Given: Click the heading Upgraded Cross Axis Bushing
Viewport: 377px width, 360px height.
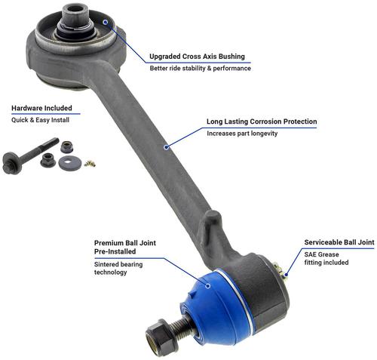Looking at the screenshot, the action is (x=197, y=57).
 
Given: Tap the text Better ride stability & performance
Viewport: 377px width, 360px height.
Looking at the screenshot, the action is (x=201, y=68).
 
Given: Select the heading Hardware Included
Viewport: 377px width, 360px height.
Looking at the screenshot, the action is (x=41, y=108).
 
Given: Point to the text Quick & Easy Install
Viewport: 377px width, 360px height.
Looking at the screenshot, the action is (x=40, y=120).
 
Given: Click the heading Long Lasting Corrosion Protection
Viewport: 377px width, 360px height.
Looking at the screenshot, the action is (x=262, y=122).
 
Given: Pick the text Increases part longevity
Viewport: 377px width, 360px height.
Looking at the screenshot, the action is (x=242, y=134).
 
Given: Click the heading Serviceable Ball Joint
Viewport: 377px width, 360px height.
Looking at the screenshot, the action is (x=339, y=242).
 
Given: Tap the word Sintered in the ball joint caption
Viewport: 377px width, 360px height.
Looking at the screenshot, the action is (x=106, y=264).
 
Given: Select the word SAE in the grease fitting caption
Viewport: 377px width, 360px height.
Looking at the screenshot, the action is (x=310, y=254).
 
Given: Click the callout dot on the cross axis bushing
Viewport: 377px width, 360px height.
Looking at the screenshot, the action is (x=106, y=22).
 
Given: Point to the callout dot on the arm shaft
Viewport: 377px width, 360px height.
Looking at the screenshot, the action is (x=166, y=147).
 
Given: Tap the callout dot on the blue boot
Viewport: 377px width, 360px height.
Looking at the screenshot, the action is (x=208, y=286).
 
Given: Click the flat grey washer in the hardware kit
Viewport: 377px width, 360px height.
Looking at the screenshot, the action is (x=70, y=163).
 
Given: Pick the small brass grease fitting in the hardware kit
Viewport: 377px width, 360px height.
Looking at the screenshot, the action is (x=90, y=164).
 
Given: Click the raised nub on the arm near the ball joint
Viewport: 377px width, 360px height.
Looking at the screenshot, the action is (x=212, y=221).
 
